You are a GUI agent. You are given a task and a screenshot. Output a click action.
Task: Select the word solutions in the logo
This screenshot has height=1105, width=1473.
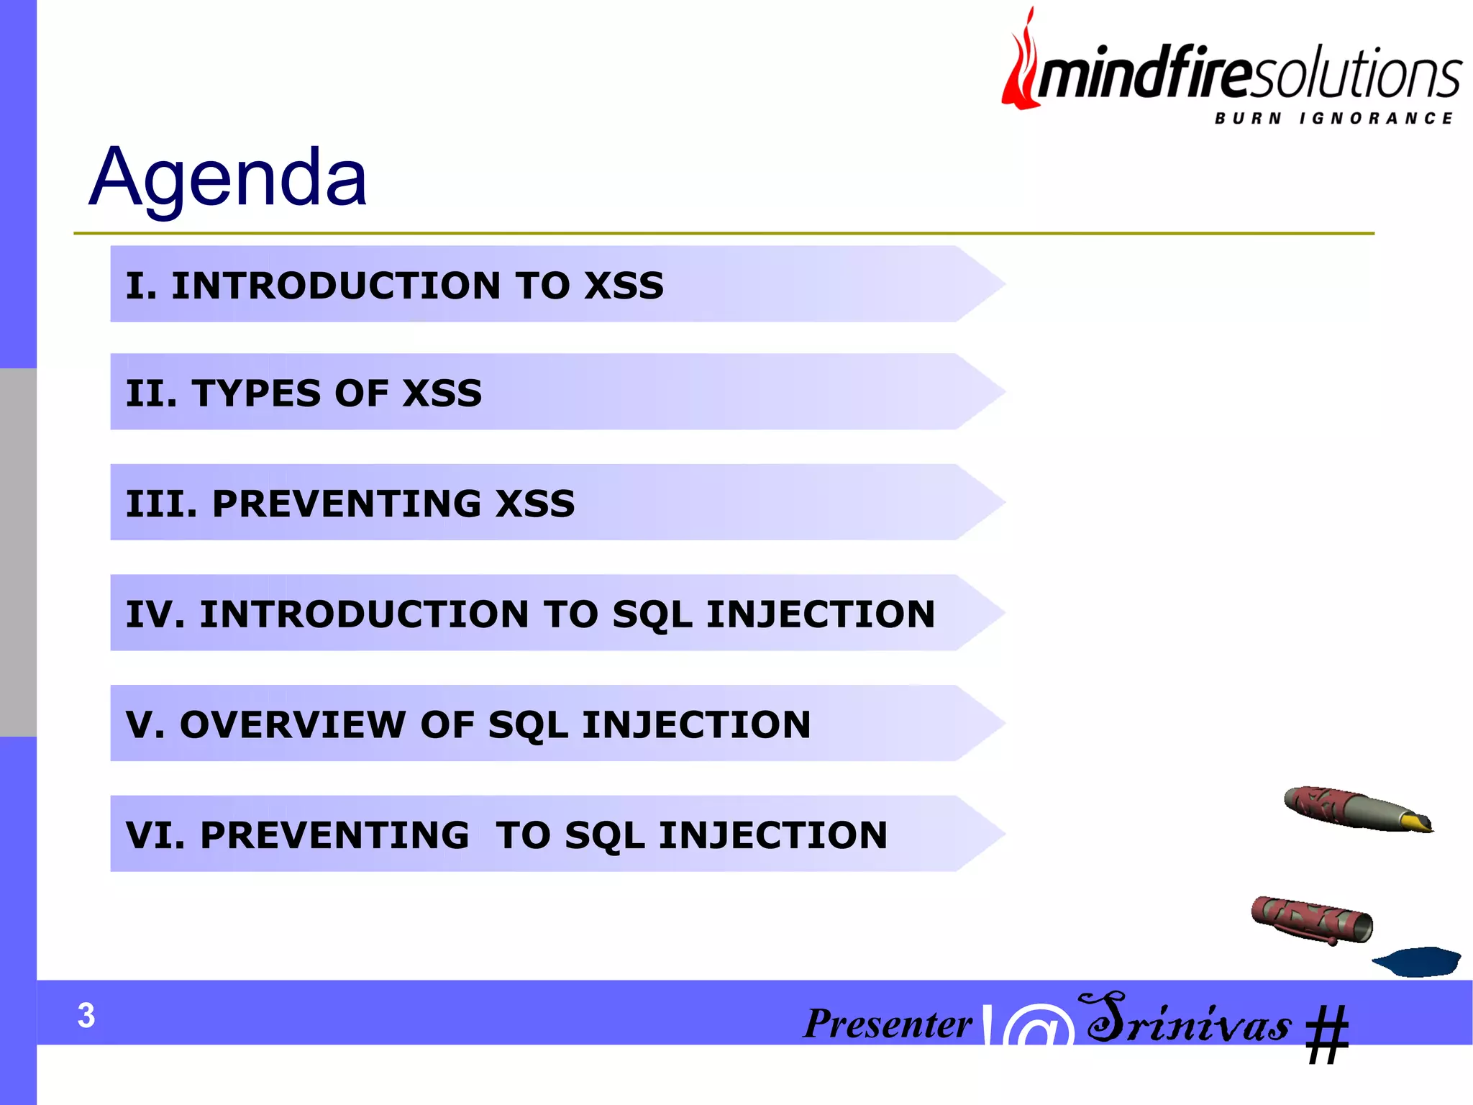tap(1356, 74)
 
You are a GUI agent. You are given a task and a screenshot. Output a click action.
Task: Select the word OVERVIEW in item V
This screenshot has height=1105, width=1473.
tap(293, 724)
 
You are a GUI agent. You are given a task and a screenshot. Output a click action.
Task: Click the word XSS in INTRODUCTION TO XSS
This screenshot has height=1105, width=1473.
tap(624, 286)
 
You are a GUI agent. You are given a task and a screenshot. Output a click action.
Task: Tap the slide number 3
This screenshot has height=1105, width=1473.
tap(86, 1015)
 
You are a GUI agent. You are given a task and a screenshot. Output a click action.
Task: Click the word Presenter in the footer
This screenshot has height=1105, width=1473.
tap(888, 1023)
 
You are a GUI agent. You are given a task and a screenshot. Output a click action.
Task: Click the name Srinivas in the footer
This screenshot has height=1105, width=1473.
tap(1189, 1020)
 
